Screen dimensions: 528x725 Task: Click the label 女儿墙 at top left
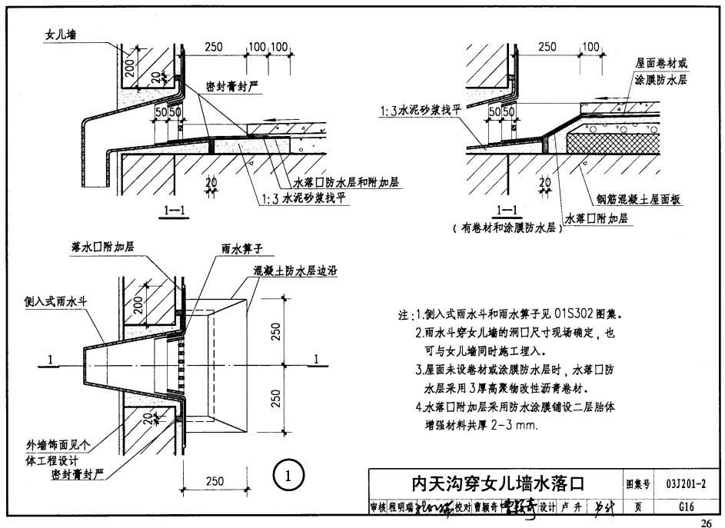[x=62, y=35]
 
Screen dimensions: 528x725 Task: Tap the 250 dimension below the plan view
[x=215, y=482]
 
